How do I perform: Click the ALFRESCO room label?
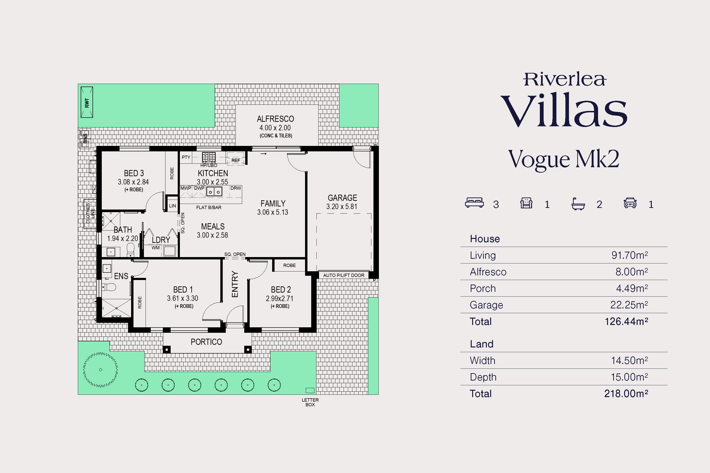(275, 119)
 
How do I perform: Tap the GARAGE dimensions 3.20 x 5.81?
(342, 207)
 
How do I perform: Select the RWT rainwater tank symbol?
(87, 102)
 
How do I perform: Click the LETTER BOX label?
(310, 403)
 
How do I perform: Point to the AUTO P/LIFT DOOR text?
(344, 275)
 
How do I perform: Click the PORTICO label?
(206, 342)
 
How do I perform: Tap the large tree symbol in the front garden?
(101, 369)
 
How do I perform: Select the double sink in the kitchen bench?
(214, 192)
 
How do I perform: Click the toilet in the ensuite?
(109, 287)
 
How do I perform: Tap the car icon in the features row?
(630, 203)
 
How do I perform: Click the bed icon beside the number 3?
(475, 203)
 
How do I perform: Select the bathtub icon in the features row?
(578, 204)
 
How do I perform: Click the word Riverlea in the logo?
(564, 79)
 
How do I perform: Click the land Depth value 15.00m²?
(629, 377)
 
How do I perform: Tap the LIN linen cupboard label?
(172, 206)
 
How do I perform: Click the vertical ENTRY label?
(235, 284)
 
